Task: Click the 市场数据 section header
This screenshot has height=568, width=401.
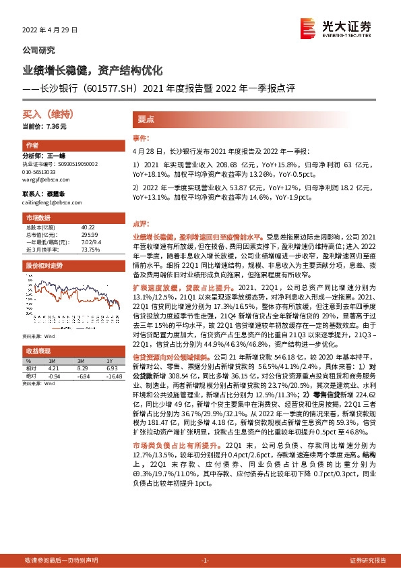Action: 38,219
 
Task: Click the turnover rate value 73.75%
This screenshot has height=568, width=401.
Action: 90,249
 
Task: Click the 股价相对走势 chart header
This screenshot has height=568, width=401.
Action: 42,266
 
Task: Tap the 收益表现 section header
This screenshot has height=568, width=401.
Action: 38,351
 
